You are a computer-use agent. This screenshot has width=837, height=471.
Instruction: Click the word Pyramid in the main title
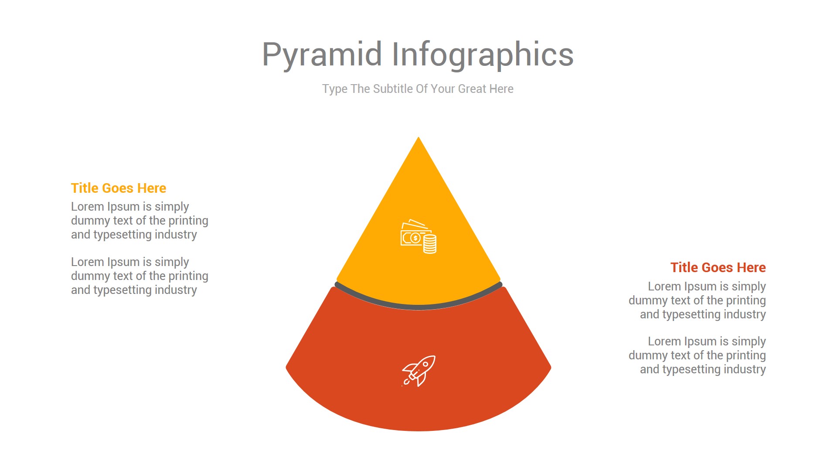coord(322,55)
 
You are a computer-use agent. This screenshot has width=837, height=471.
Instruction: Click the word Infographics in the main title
coord(483,55)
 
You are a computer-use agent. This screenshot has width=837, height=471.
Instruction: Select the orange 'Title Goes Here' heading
coord(119,188)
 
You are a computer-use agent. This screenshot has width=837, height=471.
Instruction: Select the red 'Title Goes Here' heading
coord(718,267)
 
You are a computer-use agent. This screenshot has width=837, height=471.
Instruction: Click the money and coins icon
coord(418,236)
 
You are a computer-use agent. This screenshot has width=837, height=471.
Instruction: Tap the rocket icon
coord(418,371)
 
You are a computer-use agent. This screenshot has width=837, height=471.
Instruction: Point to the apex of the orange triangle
coord(418,137)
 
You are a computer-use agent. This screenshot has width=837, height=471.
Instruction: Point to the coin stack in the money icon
coord(430,244)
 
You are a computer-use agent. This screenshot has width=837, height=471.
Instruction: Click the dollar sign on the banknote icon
coord(415,238)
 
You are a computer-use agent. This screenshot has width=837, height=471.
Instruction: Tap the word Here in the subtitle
coord(501,89)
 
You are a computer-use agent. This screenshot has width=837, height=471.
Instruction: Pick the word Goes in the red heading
coord(718,267)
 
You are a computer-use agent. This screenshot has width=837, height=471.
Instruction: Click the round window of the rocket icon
coord(425,364)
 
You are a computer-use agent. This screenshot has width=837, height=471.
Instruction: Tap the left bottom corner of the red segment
coord(286,368)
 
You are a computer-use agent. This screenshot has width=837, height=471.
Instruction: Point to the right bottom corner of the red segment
coord(551,368)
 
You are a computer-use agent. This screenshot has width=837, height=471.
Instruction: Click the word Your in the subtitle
coord(443,89)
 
